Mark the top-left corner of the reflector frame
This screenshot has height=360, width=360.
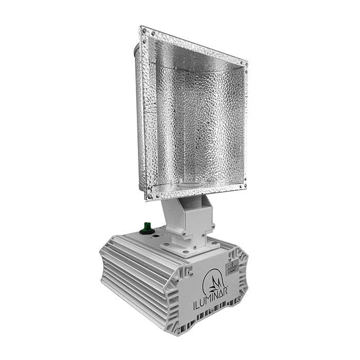[142, 29]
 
